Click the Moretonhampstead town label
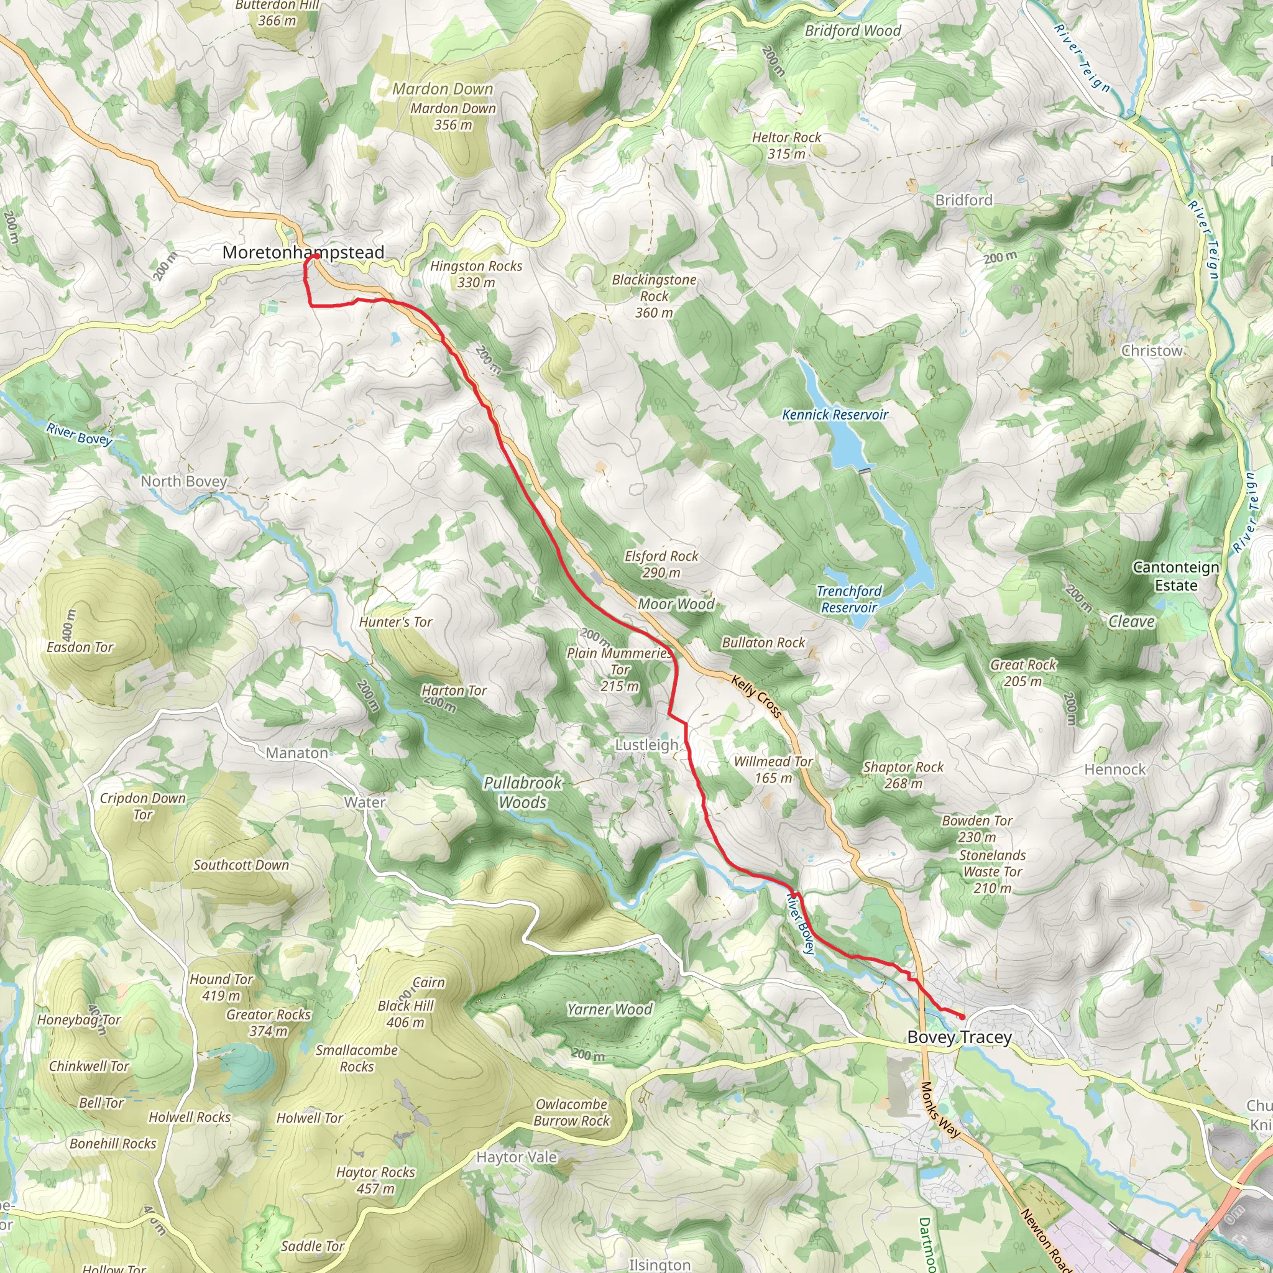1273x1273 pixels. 303,252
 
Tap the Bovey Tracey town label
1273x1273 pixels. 959,1037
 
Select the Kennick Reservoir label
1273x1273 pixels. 835,415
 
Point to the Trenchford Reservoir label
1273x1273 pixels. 848,599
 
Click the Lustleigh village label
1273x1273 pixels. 646,745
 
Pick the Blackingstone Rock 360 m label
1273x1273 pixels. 654,296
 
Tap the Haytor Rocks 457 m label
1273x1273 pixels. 375,1180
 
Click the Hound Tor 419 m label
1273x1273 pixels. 221,987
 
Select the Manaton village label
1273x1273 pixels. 296,753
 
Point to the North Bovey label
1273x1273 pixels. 184,481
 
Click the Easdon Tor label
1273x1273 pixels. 80,647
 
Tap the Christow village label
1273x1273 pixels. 1152,351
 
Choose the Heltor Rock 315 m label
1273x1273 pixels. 787,145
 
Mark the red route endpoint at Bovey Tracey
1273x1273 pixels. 962,1018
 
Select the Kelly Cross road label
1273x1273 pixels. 757,696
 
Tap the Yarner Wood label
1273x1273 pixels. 610,1009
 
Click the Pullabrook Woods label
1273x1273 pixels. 523,792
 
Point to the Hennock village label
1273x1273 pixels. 1115,769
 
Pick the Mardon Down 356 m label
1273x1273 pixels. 453,116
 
